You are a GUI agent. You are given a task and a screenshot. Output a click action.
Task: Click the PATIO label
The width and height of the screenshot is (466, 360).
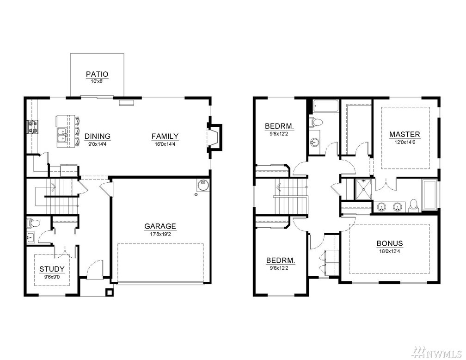pos(97,74)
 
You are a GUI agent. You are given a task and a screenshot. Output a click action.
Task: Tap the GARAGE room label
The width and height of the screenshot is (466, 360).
pos(160,226)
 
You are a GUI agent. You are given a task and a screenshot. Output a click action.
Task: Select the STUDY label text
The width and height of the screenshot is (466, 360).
pos(52,269)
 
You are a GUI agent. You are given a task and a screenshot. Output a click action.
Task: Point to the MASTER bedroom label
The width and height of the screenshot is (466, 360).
pos(405,135)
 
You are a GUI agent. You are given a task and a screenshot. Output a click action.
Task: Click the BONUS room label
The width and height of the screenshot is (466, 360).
pos(390,243)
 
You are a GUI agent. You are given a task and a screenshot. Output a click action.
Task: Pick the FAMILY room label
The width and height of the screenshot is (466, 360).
pos(165,136)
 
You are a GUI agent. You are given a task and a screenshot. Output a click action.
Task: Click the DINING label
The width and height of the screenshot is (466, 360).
pos(98,136)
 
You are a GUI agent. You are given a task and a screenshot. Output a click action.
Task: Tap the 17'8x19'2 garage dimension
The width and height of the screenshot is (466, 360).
pos(160,234)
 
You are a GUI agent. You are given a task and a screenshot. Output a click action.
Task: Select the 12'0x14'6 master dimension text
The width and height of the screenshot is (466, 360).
pos(405,142)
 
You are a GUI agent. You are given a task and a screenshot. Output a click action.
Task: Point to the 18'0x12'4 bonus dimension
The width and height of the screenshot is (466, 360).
pos(390,251)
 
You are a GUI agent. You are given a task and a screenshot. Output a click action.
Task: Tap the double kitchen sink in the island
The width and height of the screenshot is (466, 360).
pos(62,135)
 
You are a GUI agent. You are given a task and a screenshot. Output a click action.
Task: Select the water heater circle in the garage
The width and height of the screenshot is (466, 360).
pos(202,186)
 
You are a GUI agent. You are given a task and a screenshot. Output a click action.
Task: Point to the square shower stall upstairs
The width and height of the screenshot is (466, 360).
pos(363,189)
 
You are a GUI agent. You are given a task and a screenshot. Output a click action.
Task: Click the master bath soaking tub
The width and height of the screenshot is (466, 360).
pos(429,194)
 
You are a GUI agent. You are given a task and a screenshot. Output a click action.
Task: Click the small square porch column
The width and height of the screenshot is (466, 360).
pos(110,292)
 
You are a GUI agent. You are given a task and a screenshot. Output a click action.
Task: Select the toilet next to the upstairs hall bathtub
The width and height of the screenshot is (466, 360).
pos(317,122)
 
